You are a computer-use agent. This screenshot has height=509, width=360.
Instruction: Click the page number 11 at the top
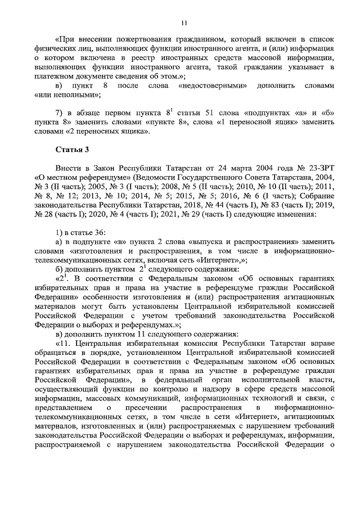[184, 22]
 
